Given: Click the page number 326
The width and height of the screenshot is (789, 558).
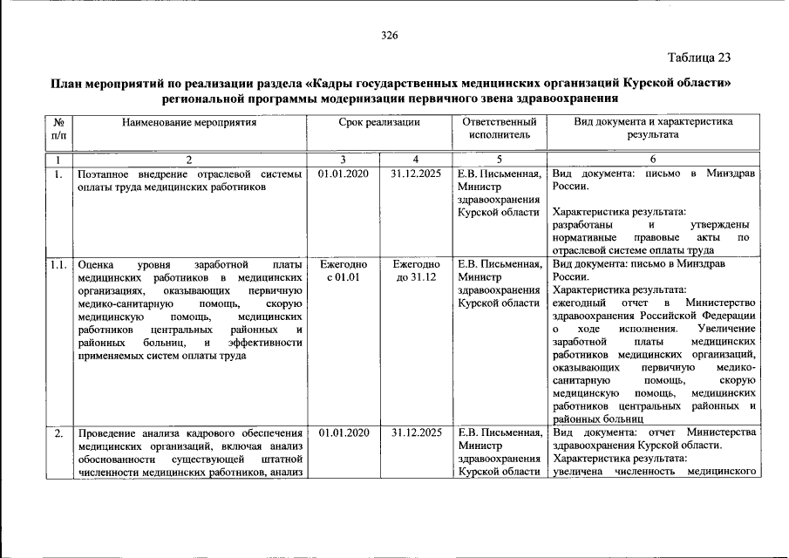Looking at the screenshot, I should click(390, 36).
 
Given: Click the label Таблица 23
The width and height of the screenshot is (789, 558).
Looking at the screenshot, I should click(699, 58).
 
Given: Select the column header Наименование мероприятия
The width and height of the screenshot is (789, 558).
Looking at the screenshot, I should click(189, 123).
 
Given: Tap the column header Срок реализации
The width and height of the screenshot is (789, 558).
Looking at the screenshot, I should click(379, 123).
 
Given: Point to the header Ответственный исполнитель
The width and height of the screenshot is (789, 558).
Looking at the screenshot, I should click(499, 129).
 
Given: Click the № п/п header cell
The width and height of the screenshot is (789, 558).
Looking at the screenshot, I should click(58, 129).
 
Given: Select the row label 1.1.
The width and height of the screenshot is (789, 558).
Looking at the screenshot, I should click(58, 264).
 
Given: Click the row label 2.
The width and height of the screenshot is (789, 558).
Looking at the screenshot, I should click(58, 433).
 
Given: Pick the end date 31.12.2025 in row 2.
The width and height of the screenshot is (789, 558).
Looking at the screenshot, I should click(416, 432).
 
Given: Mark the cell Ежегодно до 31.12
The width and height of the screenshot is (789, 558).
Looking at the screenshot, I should click(416, 270).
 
